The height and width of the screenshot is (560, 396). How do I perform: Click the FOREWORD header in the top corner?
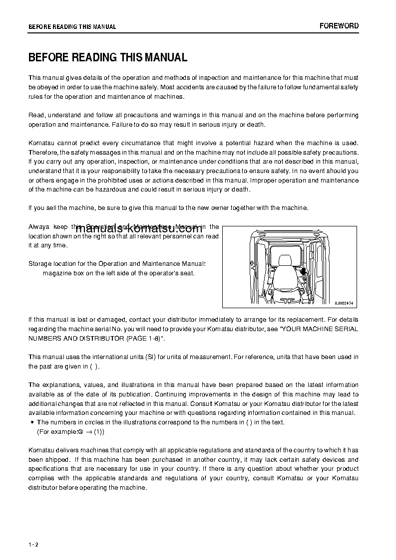[x=339, y=26]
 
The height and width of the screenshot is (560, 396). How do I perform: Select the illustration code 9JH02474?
[x=344, y=302]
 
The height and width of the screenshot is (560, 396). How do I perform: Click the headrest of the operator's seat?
[x=285, y=260]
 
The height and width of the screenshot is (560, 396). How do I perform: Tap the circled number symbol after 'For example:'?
[x=80, y=432]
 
